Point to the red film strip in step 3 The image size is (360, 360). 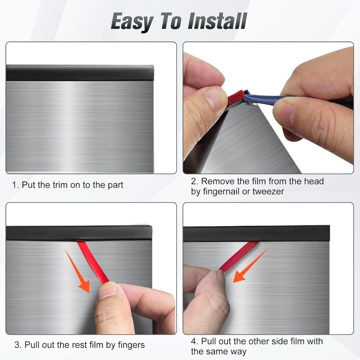click(x=92, y=261)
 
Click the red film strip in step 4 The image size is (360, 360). click(x=239, y=256)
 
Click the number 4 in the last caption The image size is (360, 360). click(x=194, y=341)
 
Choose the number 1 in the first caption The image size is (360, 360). click(x=15, y=185)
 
